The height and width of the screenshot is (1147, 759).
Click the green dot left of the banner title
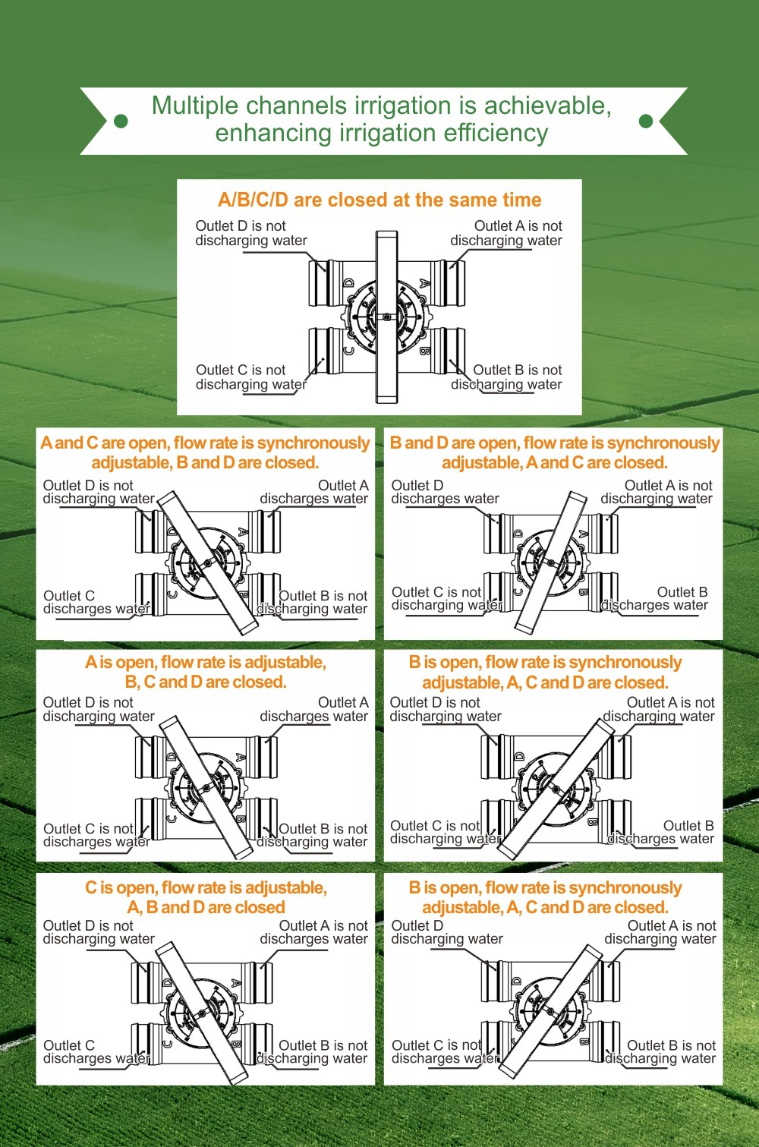click(121, 121)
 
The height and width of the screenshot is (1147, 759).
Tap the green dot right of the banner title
click(646, 121)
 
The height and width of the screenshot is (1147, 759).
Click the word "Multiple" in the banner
click(195, 106)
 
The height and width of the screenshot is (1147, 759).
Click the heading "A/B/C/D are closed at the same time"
click(379, 200)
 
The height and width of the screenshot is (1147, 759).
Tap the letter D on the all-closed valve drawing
click(349, 283)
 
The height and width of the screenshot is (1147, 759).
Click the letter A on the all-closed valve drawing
click(424, 283)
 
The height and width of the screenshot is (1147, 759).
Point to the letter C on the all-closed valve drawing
click(348, 351)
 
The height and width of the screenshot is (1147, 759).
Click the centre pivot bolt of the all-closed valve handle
click(386, 317)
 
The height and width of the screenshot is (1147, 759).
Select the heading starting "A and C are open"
click(205, 452)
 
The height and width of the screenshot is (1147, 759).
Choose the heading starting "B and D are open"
click(555, 452)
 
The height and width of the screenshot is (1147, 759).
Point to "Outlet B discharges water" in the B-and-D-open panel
click(654, 599)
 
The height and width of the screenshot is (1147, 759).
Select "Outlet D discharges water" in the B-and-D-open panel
click(445, 492)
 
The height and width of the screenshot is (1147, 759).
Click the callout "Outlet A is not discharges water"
click(314, 932)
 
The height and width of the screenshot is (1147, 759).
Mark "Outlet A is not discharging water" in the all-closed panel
click(506, 233)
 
